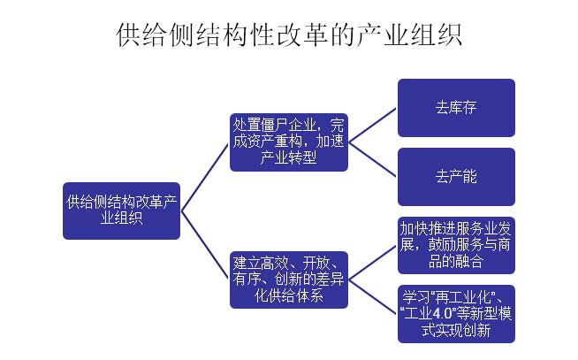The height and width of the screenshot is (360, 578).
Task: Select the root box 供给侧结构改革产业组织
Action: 122,211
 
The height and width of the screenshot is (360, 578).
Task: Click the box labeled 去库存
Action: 456,108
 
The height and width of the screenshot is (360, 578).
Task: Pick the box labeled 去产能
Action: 456,176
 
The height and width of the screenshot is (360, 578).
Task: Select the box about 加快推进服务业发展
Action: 456,244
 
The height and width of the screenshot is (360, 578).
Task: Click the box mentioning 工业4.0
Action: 456,313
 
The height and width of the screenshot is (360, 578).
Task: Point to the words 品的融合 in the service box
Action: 456,261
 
